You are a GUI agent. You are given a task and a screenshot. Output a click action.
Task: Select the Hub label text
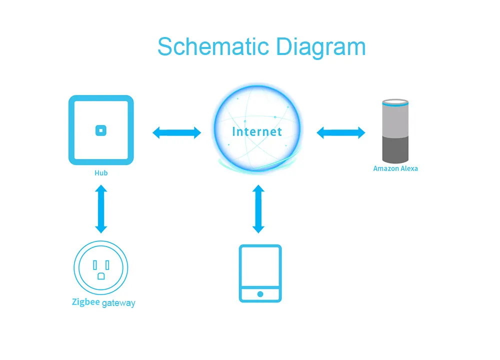[x=101, y=173]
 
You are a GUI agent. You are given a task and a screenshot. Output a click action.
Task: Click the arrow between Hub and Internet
[x=176, y=132]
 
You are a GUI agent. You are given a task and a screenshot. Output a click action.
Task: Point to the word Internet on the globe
[x=257, y=131]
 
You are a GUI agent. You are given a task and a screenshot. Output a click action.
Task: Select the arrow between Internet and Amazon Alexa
[x=341, y=132]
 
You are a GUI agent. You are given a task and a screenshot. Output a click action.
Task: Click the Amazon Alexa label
[x=395, y=168]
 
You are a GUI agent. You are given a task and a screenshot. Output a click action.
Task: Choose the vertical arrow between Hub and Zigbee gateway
[x=101, y=209]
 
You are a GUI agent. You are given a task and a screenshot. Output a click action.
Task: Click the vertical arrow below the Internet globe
[x=258, y=209]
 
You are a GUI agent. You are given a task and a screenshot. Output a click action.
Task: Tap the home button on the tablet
[x=260, y=294]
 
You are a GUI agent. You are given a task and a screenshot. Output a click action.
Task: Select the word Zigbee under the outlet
[x=85, y=302]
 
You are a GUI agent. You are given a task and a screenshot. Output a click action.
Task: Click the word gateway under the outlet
[x=118, y=303]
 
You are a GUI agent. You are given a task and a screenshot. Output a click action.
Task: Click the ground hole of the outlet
[x=101, y=275]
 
